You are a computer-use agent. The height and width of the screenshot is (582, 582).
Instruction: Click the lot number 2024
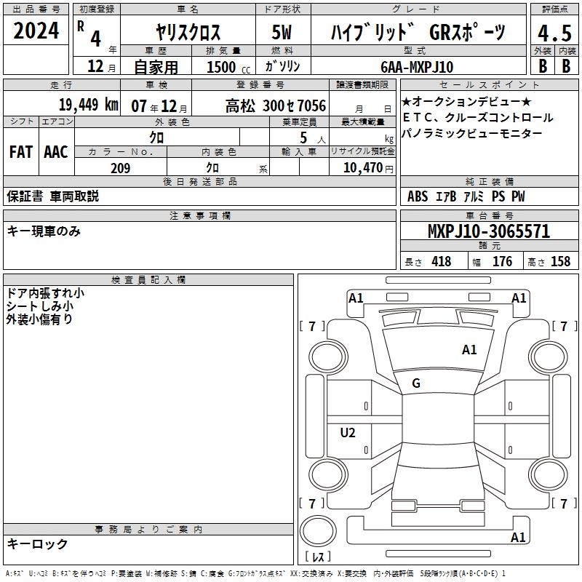point(36,31)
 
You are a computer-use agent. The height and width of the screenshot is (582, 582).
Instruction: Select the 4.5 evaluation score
point(555,33)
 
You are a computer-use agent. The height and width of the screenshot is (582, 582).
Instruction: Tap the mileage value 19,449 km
point(88,105)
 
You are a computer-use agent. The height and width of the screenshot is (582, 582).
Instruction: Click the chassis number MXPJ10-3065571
point(489,231)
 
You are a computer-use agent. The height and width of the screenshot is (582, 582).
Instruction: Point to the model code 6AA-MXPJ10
point(417,67)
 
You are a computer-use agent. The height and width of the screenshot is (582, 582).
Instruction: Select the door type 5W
point(282,32)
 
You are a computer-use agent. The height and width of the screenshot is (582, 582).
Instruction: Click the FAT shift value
point(21,152)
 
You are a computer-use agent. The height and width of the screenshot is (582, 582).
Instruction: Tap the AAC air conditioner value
point(56,152)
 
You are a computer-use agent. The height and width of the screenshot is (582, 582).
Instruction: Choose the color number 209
point(120,168)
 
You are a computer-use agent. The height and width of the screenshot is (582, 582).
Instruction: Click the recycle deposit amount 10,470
point(363,168)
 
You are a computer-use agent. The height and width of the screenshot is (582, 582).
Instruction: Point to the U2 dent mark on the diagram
point(348,433)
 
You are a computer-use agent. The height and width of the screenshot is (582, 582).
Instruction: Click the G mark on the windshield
point(416,383)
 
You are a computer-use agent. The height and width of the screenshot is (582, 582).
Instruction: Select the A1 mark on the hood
point(469,350)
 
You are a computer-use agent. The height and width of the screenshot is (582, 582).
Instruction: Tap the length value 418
point(442,261)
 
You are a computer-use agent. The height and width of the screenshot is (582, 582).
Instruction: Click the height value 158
point(560,261)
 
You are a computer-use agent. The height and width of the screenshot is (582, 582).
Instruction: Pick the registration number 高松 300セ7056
point(276,106)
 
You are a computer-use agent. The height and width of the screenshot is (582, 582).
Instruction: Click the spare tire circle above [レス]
point(318,531)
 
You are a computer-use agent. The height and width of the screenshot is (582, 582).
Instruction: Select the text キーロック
point(37,543)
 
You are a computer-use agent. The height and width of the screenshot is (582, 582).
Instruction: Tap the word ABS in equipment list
point(418,196)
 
